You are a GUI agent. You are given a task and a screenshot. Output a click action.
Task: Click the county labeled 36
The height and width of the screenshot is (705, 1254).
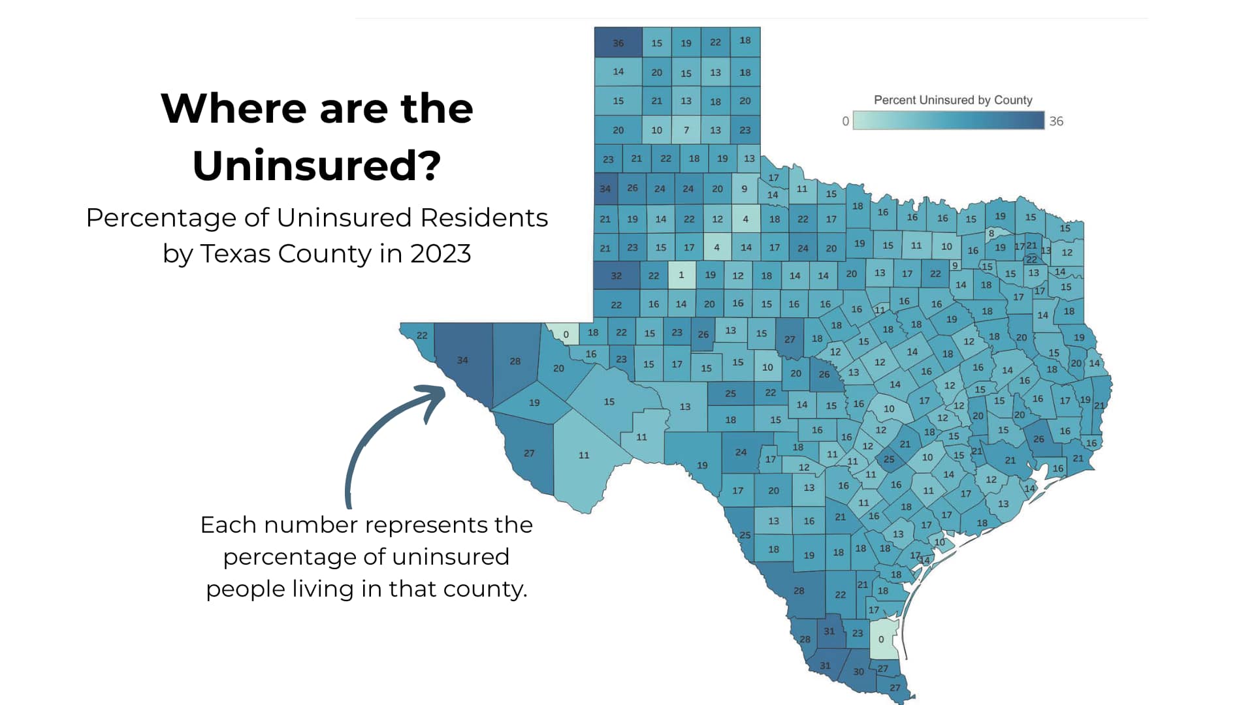click(x=618, y=43)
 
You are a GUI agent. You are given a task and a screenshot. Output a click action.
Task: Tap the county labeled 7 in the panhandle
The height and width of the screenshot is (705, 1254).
click(x=686, y=130)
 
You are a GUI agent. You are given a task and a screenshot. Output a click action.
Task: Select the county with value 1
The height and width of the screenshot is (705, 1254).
click(x=681, y=275)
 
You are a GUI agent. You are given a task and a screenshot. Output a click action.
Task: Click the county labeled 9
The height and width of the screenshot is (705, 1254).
click(x=744, y=189)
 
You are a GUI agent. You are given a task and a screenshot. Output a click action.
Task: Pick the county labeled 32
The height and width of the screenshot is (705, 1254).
click(x=616, y=275)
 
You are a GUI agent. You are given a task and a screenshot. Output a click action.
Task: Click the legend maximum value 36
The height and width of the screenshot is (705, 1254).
click(x=1056, y=121)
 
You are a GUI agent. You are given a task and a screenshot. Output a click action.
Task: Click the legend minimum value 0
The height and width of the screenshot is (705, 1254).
click(x=845, y=121)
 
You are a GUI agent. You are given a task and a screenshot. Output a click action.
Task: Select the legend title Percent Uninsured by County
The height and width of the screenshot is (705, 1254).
click(x=952, y=100)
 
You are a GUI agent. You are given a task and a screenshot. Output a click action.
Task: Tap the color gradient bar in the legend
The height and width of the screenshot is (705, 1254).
click(x=948, y=121)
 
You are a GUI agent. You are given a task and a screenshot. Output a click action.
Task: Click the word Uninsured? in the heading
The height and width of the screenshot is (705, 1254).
click(x=317, y=165)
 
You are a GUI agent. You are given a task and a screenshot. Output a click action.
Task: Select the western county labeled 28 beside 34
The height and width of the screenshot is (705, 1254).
click(x=515, y=361)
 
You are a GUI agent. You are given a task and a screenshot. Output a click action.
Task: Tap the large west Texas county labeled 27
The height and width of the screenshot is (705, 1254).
click(x=529, y=453)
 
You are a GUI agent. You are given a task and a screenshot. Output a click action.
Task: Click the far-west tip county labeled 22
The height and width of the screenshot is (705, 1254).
click(x=422, y=336)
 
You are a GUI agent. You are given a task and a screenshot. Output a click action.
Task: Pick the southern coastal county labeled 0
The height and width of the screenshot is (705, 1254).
click(x=881, y=640)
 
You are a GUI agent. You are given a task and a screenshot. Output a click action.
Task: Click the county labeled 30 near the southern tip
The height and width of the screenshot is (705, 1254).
click(x=858, y=672)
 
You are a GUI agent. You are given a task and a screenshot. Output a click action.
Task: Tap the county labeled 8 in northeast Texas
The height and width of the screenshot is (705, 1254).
click(x=991, y=232)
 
